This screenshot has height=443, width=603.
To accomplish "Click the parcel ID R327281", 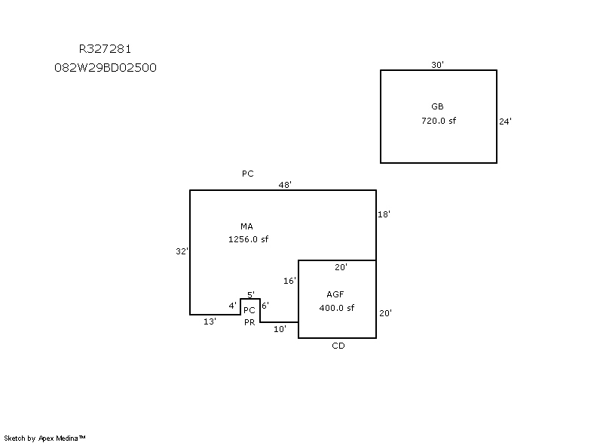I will [106, 50].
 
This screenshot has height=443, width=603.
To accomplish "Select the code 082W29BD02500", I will [106, 67].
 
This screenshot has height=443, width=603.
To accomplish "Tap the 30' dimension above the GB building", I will [437, 65].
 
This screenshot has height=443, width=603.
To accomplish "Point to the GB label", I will [437, 106].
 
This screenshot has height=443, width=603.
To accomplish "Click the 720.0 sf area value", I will [438, 121].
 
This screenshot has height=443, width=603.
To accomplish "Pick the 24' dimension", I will [506, 121].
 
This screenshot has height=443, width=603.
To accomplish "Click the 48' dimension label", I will [285, 184].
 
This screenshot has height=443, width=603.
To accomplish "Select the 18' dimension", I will [384, 214].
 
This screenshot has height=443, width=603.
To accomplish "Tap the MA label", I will [246, 226].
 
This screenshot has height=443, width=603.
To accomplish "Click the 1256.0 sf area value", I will [248, 239].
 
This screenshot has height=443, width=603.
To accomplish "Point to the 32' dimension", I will [181, 251].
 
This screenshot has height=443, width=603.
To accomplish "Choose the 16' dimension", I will [289, 281].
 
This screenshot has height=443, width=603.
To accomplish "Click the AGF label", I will [335, 294].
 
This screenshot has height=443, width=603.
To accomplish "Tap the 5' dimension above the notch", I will [251, 294].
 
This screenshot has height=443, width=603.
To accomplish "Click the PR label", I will [249, 322].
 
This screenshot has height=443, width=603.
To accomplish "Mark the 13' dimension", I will [210, 321].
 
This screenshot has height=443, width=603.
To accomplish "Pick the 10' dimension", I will [280, 329].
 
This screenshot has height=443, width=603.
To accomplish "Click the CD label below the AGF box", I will [338, 346].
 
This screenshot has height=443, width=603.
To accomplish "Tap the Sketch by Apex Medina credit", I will [44, 437].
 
